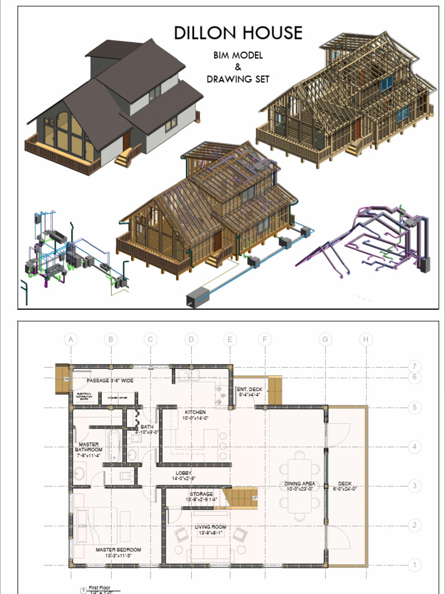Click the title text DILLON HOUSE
238,32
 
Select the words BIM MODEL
238,56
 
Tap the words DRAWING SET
238,79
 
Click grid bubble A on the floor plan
71,339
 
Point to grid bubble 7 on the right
414,366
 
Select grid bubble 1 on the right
414,564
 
